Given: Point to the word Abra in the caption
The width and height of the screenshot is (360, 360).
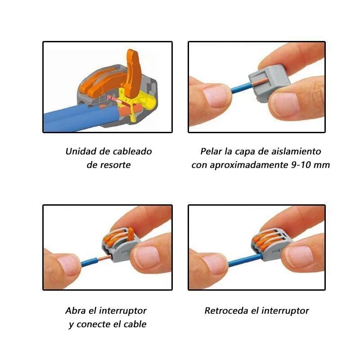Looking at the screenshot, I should [76, 310].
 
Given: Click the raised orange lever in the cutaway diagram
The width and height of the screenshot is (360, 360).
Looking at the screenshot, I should [133, 72].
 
